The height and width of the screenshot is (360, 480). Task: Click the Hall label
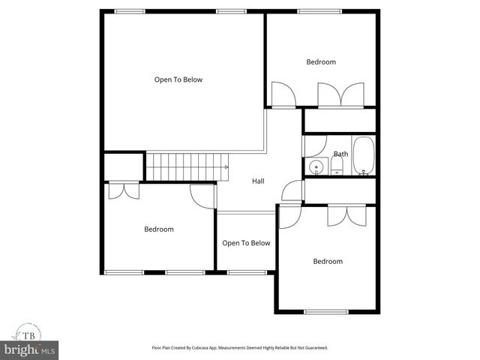pyautogui.click(x=258, y=181)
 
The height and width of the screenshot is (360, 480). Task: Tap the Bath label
pyautogui.click(x=340, y=154)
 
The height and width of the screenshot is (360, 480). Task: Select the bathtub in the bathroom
pyautogui.click(x=364, y=156)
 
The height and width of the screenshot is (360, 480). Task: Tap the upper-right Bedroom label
pyautogui.click(x=320, y=62)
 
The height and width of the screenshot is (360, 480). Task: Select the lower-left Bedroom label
pyautogui.click(x=159, y=229)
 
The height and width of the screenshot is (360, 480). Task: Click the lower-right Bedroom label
pyautogui.click(x=328, y=261)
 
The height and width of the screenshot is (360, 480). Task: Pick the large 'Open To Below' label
pyautogui.click(x=178, y=79)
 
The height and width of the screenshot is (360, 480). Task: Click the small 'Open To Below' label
pyautogui.click(x=246, y=243)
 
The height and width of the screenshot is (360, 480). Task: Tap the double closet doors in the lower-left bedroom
pyautogui.click(x=123, y=190)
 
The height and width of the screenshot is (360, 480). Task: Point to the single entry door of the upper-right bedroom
pyautogui.click(x=283, y=94)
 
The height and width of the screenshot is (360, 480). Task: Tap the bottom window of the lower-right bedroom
pyautogui.click(x=326, y=311)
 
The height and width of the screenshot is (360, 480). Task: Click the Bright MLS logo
pyautogui.click(x=29, y=349)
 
